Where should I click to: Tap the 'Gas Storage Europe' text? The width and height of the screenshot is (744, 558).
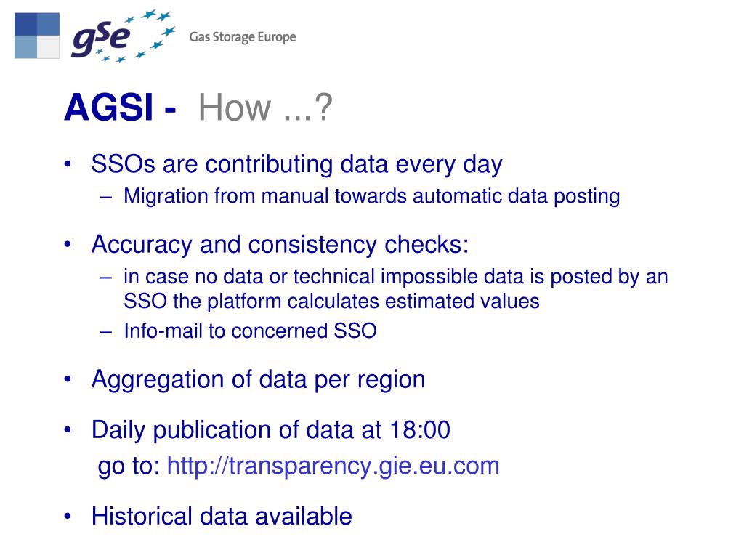[243, 37]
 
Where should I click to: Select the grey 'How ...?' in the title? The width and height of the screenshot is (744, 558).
[265, 109]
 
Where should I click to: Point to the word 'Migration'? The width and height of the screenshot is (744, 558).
[166, 196]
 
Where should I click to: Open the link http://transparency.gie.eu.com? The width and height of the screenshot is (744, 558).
[333, 466]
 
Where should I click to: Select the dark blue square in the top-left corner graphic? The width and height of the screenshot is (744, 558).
[25, 23]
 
